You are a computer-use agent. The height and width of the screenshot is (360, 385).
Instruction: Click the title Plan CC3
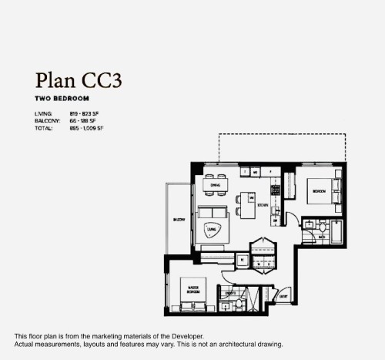(80, 80)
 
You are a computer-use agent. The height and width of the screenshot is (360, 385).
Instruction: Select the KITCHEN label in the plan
(263, 205)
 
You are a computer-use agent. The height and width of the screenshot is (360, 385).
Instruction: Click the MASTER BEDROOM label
(194, 291)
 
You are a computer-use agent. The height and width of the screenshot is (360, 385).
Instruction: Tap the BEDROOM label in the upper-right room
(319, 190)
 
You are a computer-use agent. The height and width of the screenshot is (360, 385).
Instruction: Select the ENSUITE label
(229, 294)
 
